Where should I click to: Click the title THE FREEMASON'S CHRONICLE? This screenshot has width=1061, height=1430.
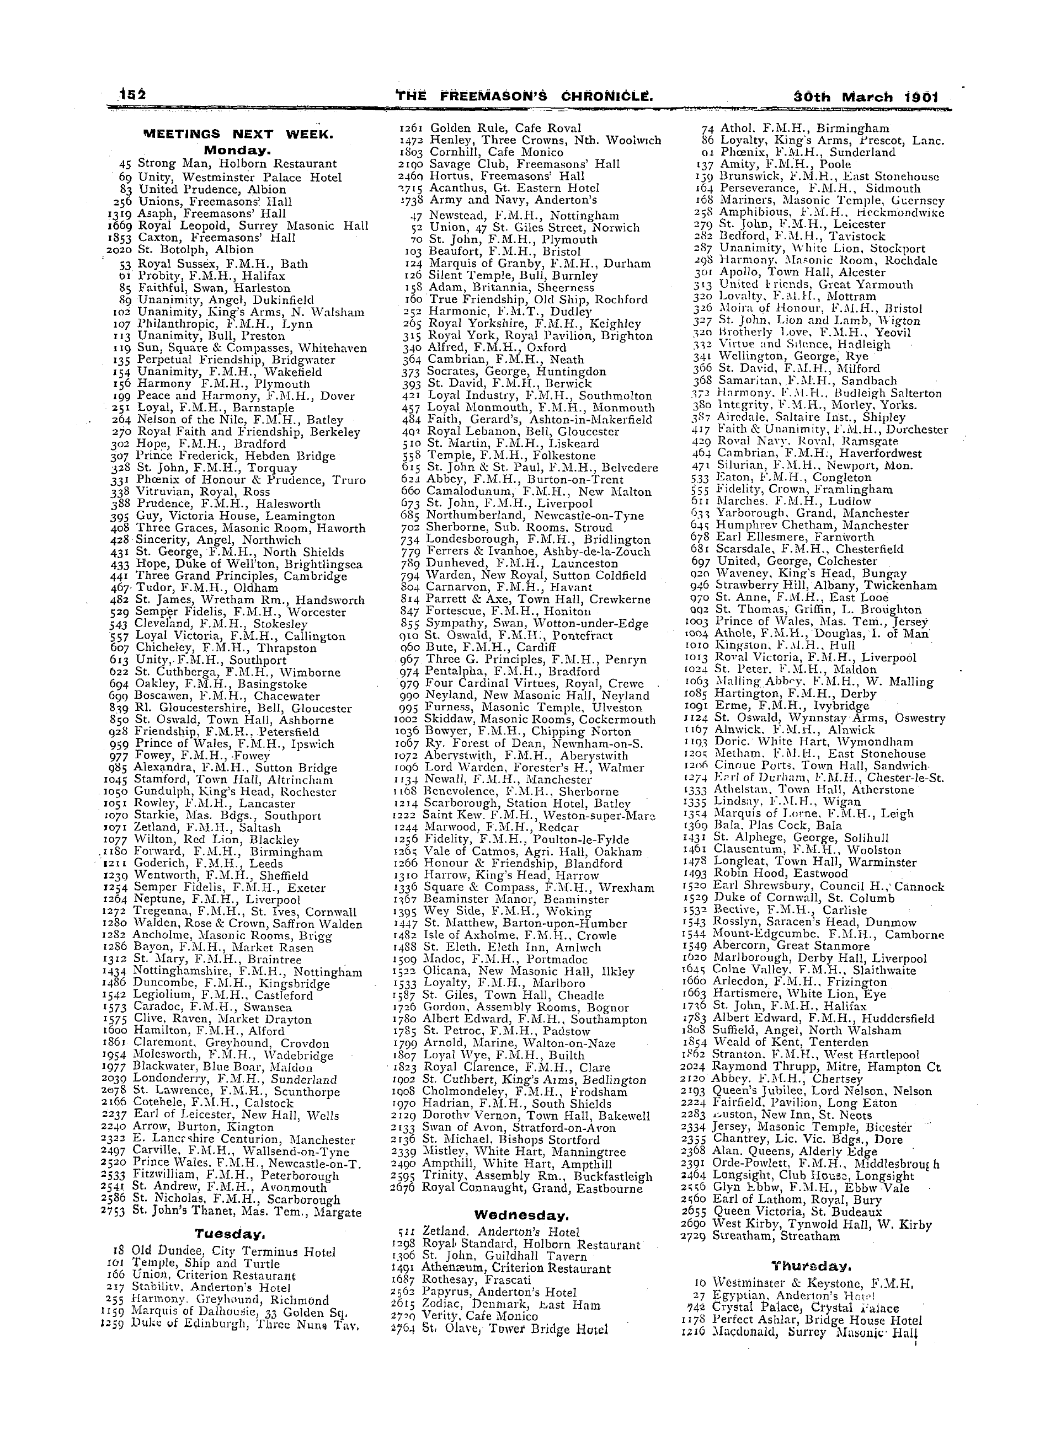click(525, 97)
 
